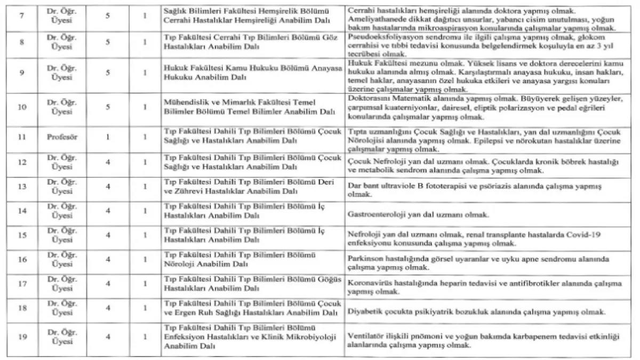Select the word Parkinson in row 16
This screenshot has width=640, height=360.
(x=365, y=259)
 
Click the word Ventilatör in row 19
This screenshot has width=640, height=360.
(x=365, y=337)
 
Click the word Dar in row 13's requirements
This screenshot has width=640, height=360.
(x=353, y=187)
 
